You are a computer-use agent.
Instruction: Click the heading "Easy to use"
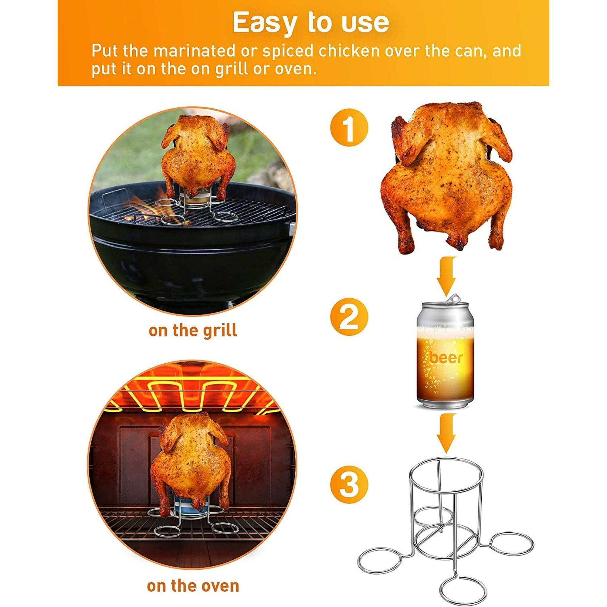(311, 23)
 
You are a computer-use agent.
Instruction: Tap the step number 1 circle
(349, 128)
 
